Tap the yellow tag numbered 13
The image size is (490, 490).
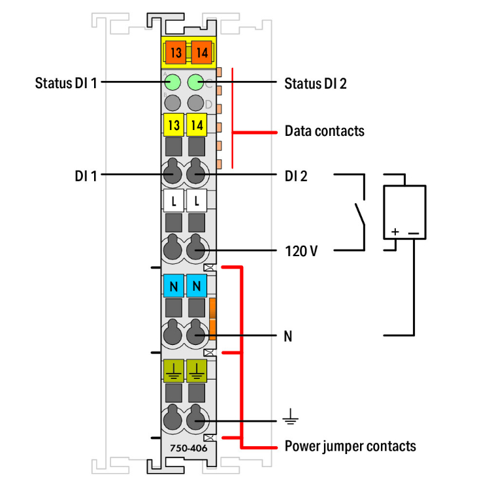(x=173, y=124)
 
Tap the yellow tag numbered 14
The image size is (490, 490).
(x=196, y=124)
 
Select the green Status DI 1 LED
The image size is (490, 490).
(x=173, y=82)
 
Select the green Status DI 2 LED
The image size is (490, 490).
(x=196, y=82)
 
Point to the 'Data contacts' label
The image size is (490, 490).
(x=324, y=131)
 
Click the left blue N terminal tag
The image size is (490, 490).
(x=173, y=286)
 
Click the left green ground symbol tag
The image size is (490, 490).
(x=173, y=370)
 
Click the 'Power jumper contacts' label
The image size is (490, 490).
(x=350, y=447)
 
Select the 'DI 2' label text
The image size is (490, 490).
(x=297, y=175)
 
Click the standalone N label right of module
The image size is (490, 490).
(x=288, y=336)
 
